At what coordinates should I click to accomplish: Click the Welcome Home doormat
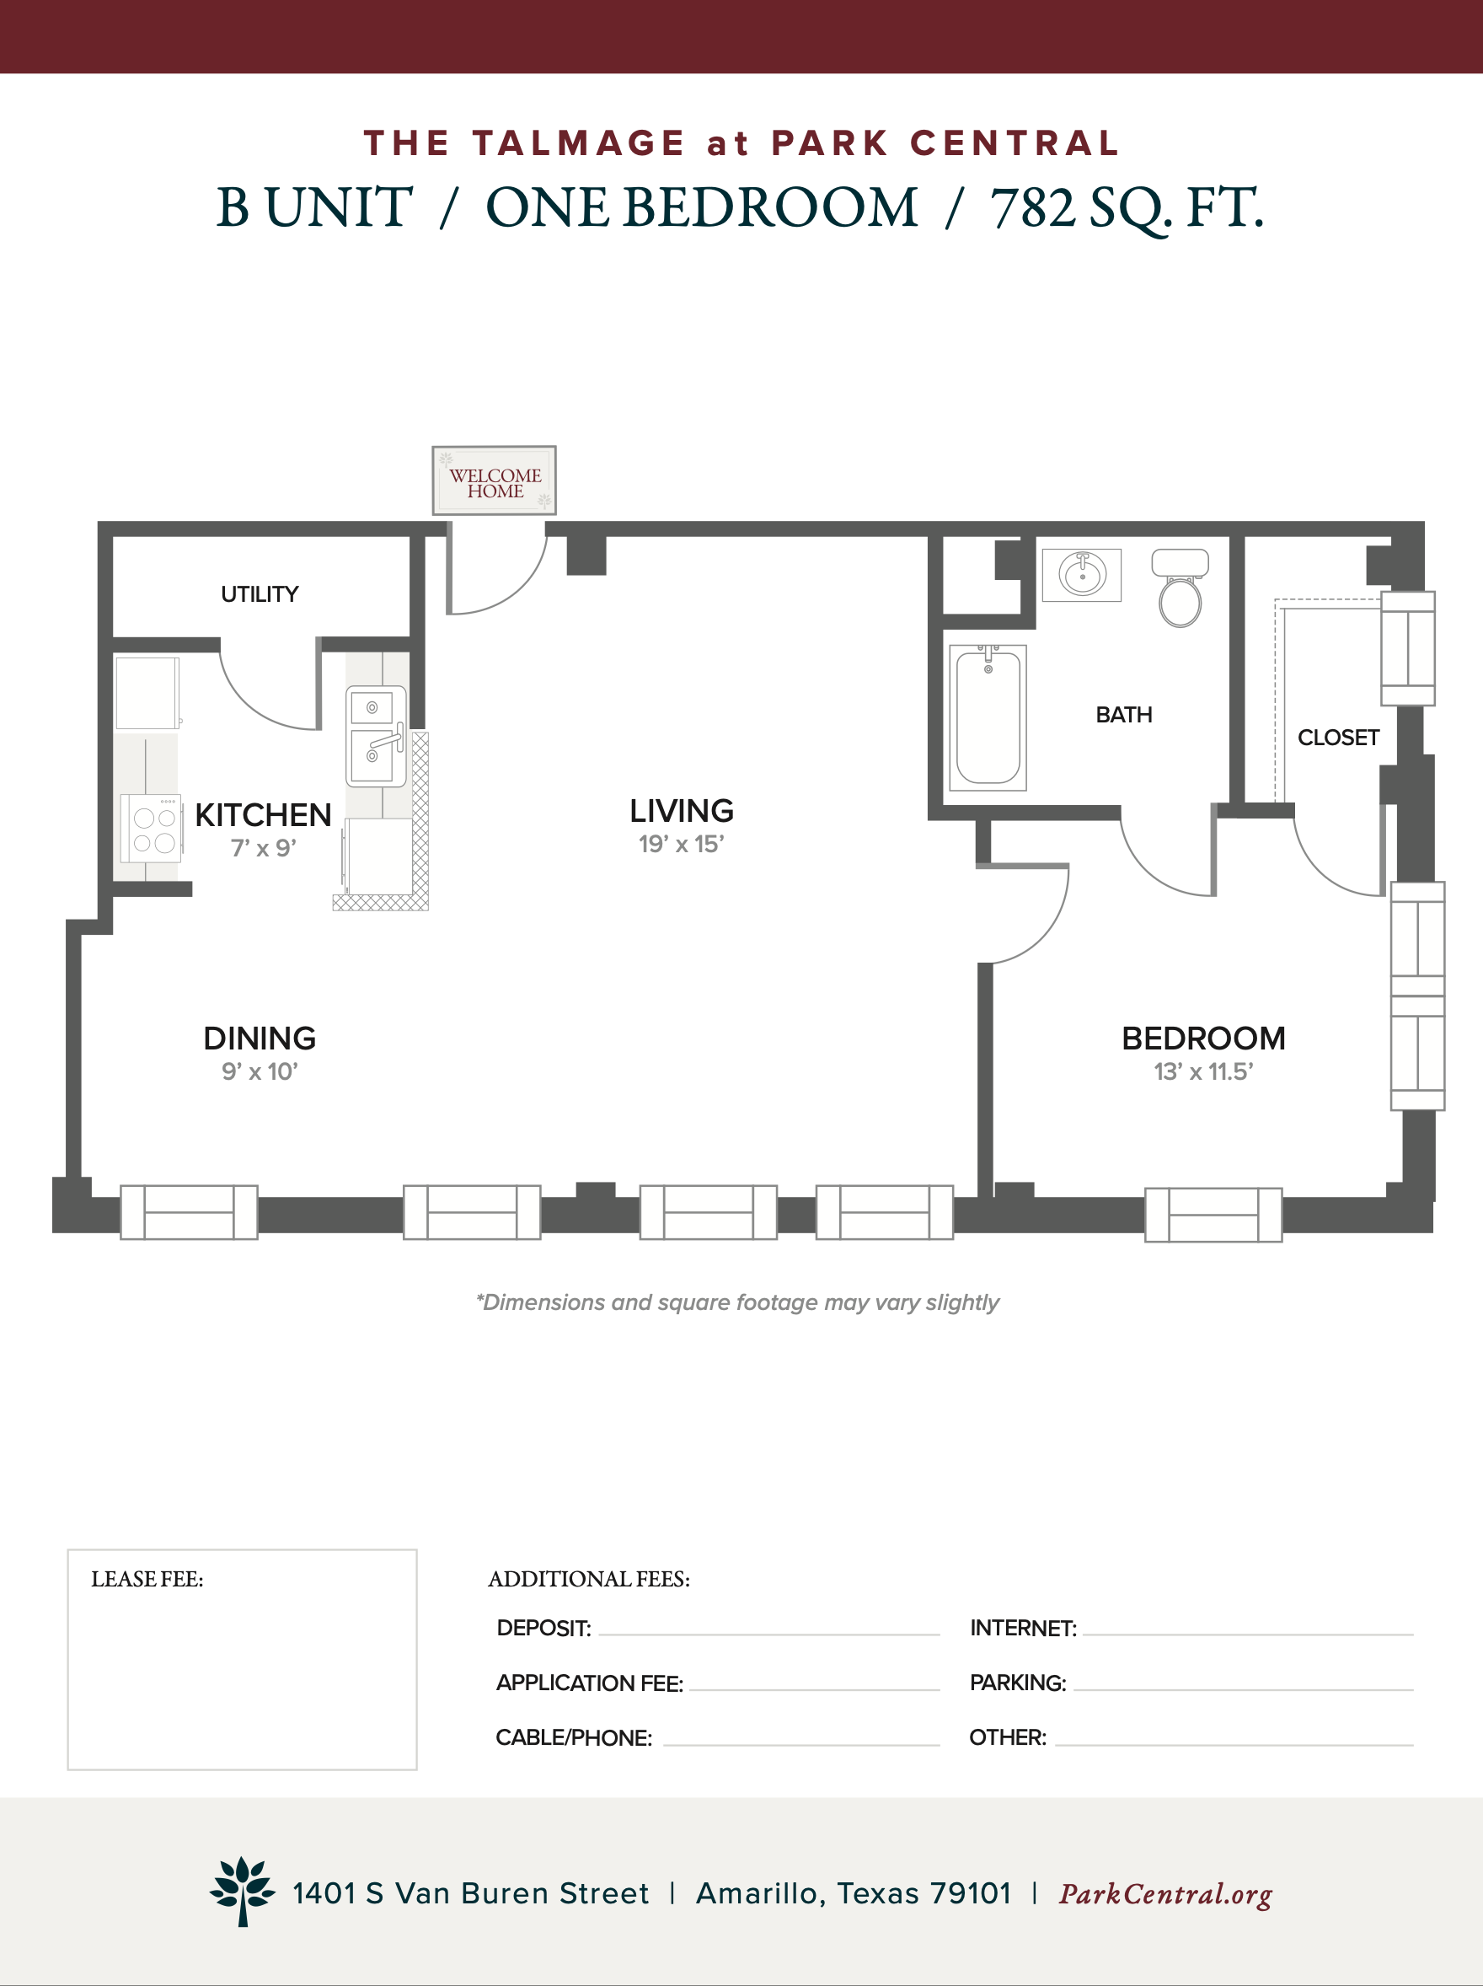click(x=494, y=480)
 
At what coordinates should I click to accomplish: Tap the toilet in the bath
click(x=1180, y=588)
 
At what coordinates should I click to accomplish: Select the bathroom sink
click(x=1082, y=575)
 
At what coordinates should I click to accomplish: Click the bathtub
click(x=988, y=717)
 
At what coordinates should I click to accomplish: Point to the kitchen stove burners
click(x=153, y=829)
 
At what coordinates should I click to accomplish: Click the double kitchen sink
click(x=376, y=736)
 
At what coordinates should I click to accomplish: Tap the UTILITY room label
click(x=260, y=594)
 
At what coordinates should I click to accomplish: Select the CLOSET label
click(x=1338, y=738)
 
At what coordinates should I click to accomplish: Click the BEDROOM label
click(x=1204, y=1039)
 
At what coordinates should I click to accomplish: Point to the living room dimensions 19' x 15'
click(x=682, y=844)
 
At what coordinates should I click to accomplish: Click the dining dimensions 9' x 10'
click(x=260, y=1071)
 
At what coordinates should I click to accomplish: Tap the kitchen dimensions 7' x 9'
click(x=263, y=849)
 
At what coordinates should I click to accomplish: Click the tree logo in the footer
click(x=243, y=1890)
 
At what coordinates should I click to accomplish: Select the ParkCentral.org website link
click(x=1165, y=1894)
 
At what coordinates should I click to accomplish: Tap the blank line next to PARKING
click(x=1244, y=1690)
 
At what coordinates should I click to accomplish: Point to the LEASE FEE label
click(x=147, y=1580)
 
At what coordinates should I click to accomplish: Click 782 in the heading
click(x=1033, y=208)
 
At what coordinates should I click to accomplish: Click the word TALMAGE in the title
click(x=579, y=143)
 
